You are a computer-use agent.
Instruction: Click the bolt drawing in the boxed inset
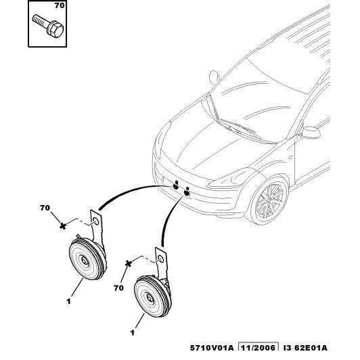click(x=48, y=25)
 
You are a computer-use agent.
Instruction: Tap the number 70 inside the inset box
click(x=60, y=5)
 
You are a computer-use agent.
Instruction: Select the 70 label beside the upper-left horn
click(x=45, y=208)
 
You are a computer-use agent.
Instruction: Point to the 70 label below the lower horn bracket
click(x=118, y=288)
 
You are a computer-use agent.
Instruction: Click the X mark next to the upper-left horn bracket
click(x=63, y=226)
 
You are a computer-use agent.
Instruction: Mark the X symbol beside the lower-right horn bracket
click(x=129, y=264)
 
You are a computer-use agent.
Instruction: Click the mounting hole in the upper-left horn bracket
click(x=96, y=221)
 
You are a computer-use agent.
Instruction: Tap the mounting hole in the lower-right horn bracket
click(x=161, y=259)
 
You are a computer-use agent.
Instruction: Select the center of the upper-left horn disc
click(x=85, y=261)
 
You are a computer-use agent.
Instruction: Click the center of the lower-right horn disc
click(x=150, y=298)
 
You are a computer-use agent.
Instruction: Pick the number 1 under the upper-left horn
click(x=68, y=301)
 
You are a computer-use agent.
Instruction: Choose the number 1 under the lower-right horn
click(x=132, y=333)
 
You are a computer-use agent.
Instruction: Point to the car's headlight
click(x=229, y=180)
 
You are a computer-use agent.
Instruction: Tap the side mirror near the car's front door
click(x=310, y=133)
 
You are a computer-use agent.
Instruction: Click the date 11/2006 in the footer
click(x=258, y=348)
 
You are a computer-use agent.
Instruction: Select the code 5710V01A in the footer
click(x=211, y=348)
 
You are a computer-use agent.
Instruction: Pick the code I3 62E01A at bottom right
click(x=305, y=348)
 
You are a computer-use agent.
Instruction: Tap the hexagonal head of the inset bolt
click(x=55, y=29)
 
